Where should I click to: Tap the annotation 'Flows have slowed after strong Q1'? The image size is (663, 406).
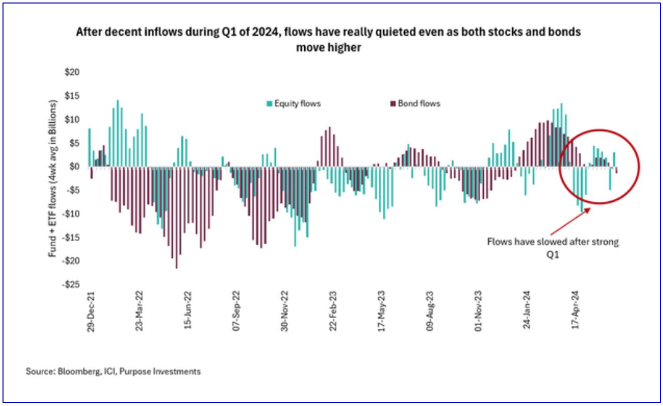555,246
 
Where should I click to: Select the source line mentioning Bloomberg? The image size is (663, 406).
113,371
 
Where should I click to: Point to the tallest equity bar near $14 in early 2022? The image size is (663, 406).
118,133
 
